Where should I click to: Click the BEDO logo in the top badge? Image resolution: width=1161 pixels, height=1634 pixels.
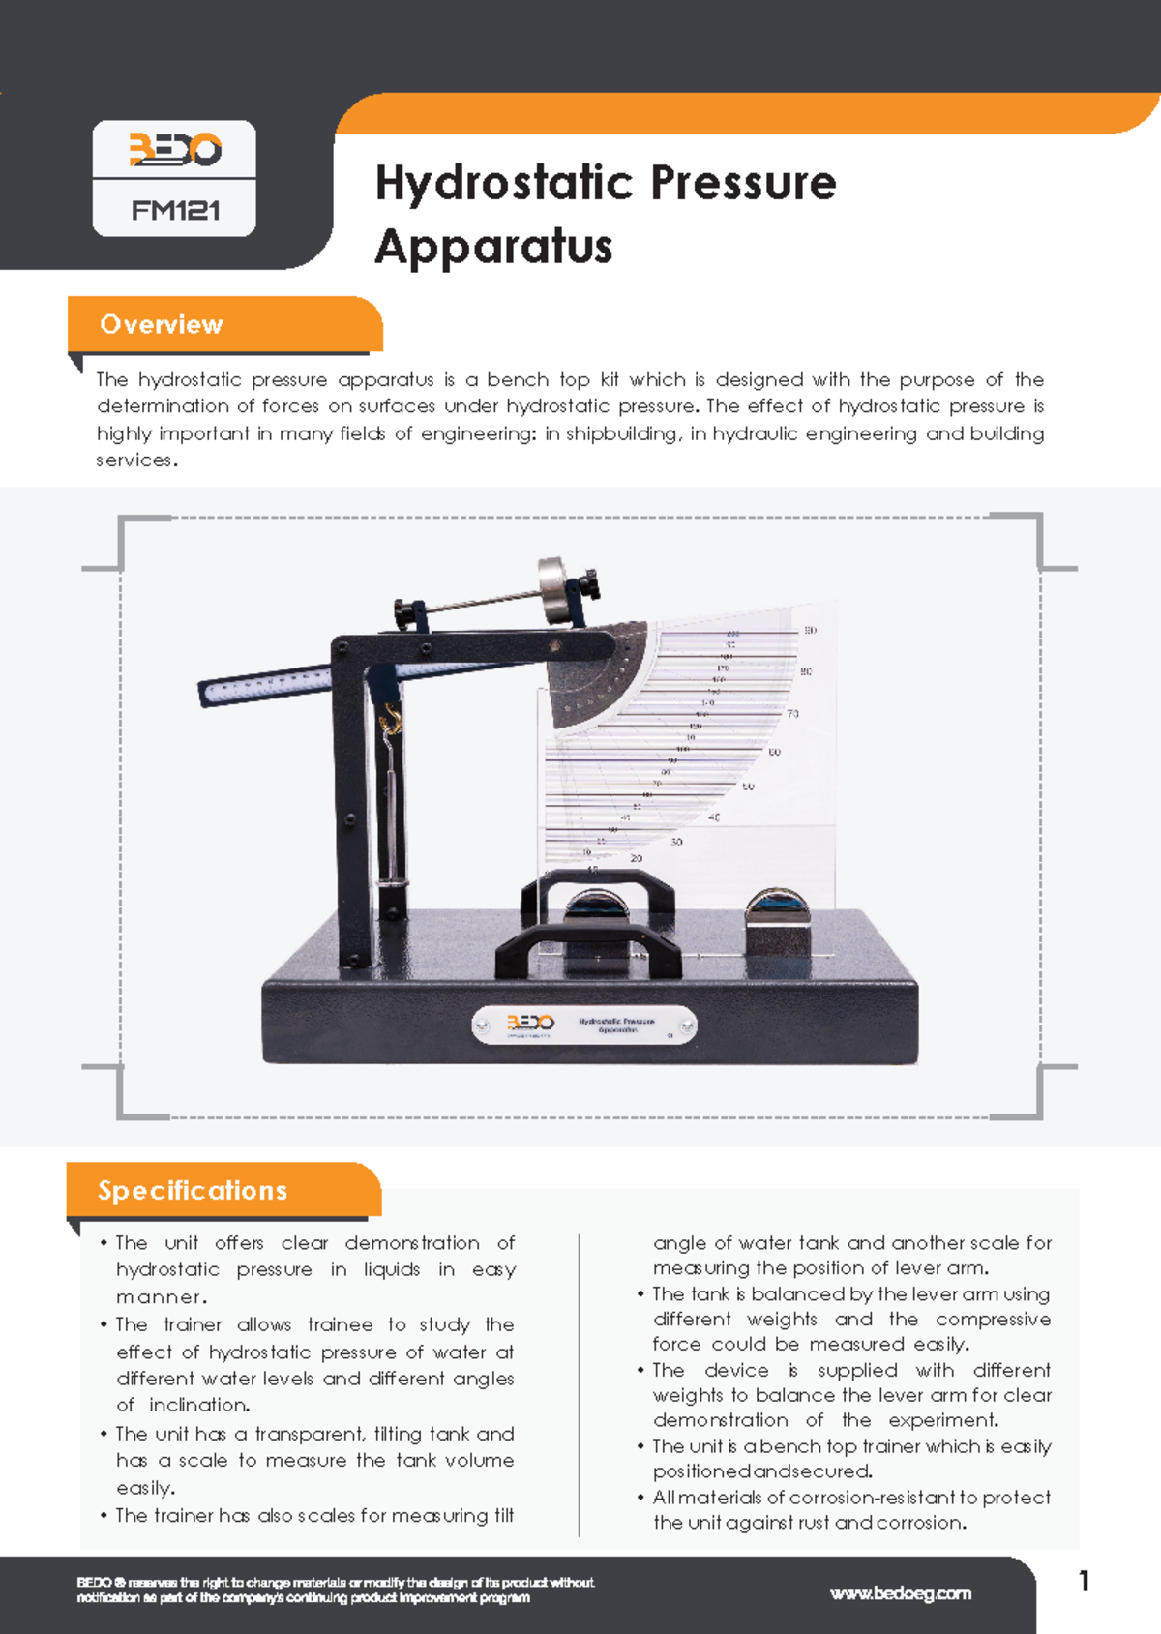(175, 150)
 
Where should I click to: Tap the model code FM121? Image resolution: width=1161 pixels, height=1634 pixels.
(175, 210)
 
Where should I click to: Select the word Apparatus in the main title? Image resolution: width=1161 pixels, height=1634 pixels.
(493, 246)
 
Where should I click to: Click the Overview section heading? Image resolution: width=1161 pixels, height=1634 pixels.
(162, 324)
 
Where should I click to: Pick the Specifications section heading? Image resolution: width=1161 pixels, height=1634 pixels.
(193, 1190)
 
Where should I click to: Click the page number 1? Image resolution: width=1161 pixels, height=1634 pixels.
(1084, 1581)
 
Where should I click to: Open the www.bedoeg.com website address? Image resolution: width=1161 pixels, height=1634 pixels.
(900, 1593)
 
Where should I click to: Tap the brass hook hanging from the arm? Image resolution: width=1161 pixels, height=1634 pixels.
(391, 719)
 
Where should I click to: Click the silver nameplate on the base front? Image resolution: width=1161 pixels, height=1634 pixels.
(583, 1025)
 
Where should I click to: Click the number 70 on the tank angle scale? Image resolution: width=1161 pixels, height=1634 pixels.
(792, 714)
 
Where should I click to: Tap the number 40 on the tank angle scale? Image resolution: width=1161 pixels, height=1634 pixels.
(714, 817)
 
